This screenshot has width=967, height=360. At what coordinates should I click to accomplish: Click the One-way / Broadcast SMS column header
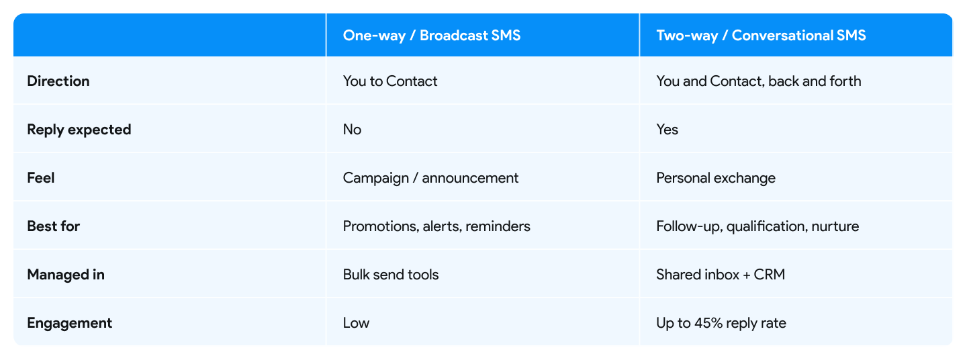click(431, 36)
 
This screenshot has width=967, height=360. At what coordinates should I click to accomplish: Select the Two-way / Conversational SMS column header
click(761, 36)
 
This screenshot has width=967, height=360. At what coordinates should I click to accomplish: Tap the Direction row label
click(58, 81)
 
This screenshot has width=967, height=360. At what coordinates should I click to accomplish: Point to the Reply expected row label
click(79, 130)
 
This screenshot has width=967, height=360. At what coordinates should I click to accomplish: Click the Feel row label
click(41, 178)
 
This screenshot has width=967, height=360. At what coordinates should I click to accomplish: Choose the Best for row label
click(54, 226)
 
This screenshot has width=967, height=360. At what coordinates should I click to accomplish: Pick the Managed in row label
click(66, 275)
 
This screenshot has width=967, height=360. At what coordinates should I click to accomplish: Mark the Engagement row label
click(70, 323)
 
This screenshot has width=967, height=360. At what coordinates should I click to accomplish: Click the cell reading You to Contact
click(390, 81)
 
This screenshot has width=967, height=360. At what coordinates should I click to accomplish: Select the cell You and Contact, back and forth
click(758, 81)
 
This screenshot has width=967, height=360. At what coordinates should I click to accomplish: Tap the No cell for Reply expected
click(352, 130)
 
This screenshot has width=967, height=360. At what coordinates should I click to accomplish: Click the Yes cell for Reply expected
click(667, 130)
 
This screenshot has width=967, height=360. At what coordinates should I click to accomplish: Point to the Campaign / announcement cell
click(430, 178)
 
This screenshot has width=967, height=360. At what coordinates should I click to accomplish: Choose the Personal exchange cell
click(715, 178)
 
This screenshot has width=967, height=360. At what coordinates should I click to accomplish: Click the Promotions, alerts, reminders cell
click(436, 226)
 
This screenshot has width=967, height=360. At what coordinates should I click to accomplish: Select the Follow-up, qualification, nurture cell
click(757, 226)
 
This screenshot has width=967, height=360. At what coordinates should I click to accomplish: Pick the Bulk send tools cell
click(391, 275)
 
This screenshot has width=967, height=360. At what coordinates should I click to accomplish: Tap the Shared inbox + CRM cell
click(721, 275)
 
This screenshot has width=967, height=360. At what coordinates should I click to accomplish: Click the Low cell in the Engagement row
click(356, 323)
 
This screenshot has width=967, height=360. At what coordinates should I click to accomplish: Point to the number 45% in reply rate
click(707, 323)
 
